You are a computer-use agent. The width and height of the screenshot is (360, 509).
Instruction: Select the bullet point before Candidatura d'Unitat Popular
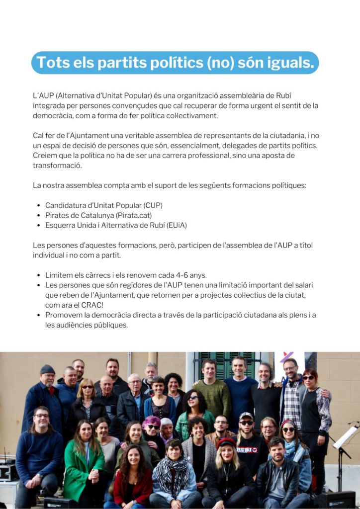(39, 205)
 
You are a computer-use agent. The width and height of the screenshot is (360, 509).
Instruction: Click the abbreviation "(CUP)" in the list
(153, 205)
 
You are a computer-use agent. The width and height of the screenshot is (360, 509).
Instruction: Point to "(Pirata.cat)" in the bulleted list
(133, 215)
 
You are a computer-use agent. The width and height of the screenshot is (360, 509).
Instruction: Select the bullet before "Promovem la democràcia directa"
(39, 315)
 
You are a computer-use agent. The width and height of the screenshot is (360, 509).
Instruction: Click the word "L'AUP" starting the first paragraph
(43, 95)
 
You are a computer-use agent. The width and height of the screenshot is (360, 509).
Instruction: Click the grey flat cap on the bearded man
(48, 369)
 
